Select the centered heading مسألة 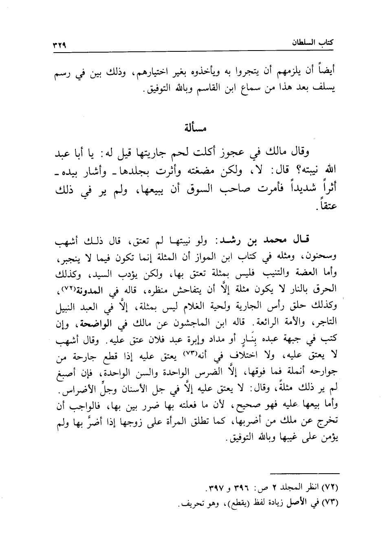tap(194, 128)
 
